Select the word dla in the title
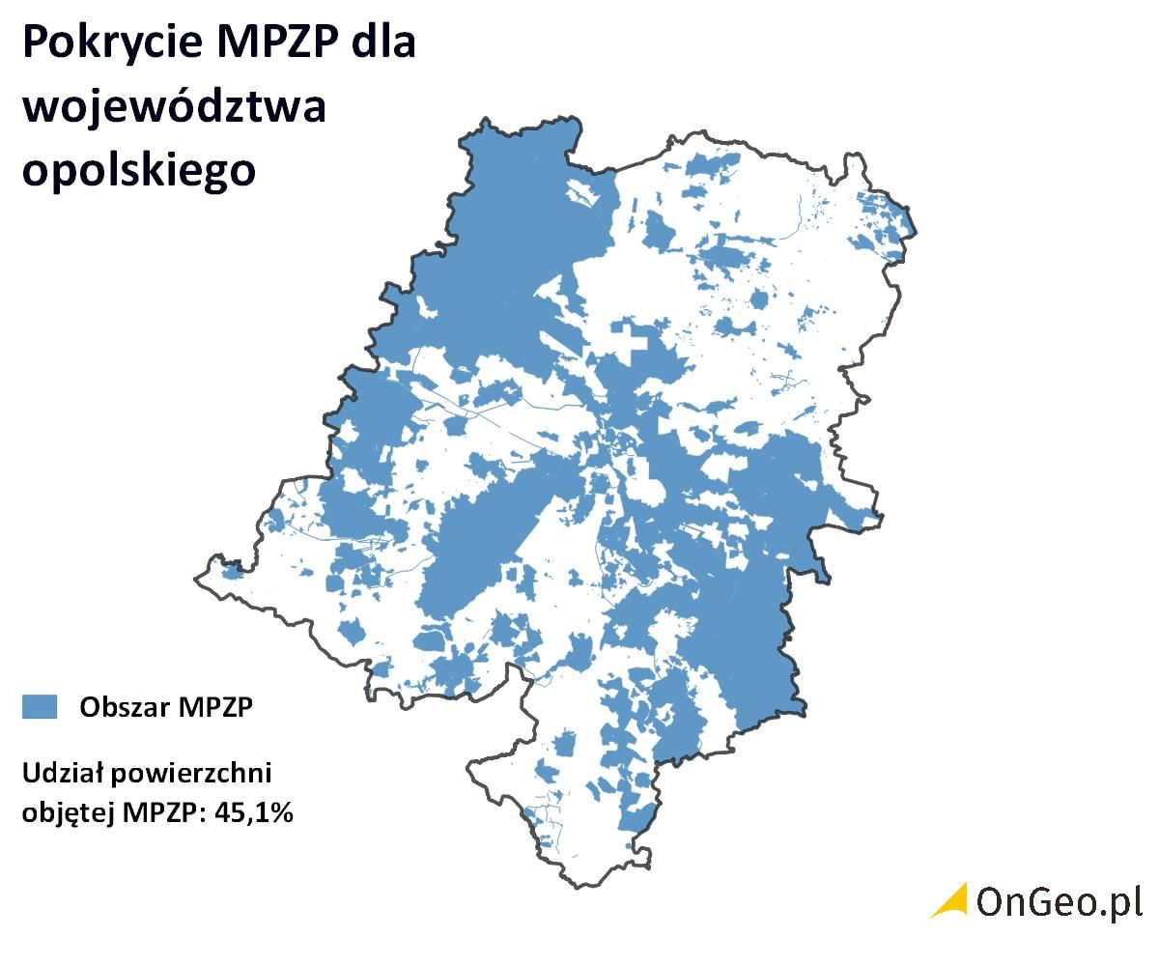point(383,44)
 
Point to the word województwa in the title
point(174,106)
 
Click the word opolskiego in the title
point(139,170)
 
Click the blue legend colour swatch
point(40,707)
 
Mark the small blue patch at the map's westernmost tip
point(232,572)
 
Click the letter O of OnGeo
point(992,901)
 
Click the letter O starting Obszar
point(90,707)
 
